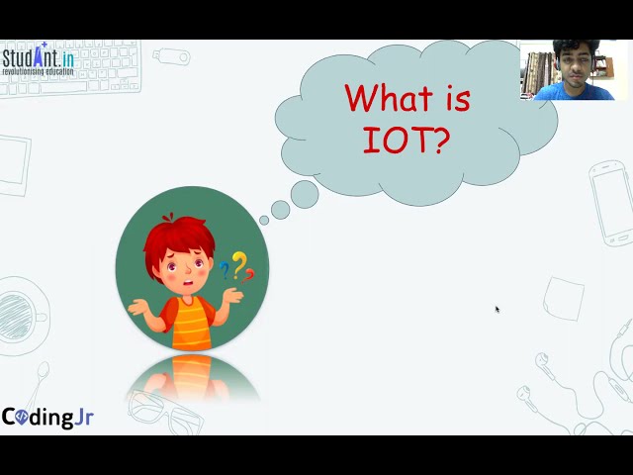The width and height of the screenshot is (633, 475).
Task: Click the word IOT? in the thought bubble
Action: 407,142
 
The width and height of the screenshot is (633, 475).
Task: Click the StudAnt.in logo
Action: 38,59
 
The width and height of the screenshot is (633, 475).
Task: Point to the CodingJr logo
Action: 47,417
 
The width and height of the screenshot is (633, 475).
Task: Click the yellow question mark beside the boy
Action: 238,263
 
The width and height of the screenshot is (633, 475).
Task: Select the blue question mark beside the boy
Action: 225,269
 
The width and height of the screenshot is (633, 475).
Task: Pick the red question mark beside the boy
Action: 249,274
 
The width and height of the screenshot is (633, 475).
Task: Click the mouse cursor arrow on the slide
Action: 497,309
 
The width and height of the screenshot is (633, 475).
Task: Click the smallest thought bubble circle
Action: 264,221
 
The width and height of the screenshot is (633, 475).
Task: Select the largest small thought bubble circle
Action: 305,194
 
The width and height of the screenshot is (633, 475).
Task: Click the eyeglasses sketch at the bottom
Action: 168,411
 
